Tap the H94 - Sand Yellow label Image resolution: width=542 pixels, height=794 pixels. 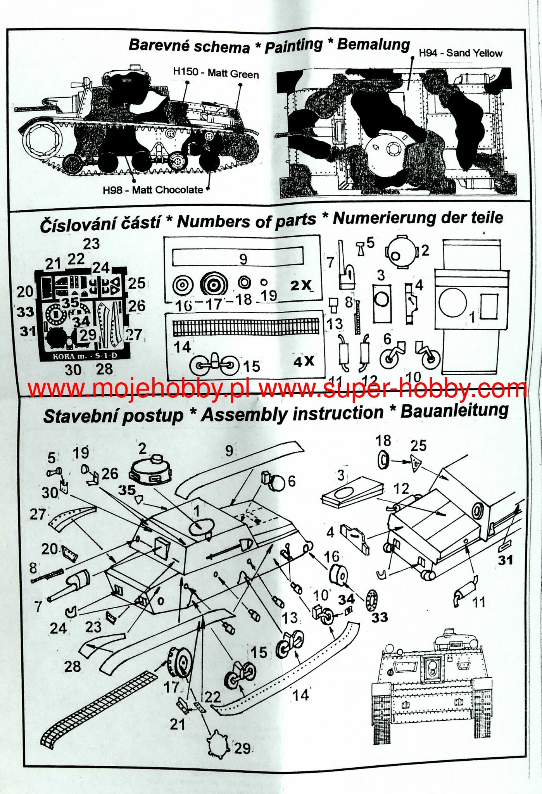point(461,53)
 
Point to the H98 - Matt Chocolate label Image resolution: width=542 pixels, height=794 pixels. point(153,190)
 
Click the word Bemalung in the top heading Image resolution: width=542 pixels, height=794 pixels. point(373,44)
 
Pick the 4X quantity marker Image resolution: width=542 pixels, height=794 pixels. point(304,361)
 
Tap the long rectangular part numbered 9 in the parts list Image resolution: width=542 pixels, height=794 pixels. point(237,257)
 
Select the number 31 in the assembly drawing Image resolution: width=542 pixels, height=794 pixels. point(506,560)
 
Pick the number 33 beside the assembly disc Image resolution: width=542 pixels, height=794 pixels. point(380,617)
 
